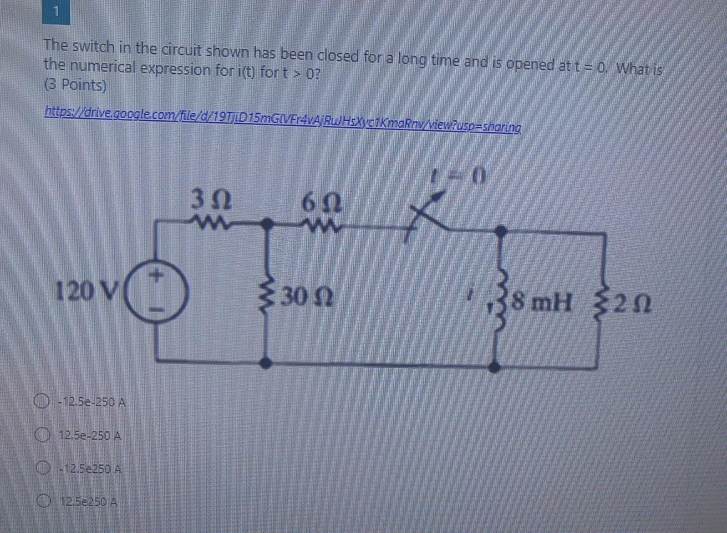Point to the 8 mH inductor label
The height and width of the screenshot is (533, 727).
542,302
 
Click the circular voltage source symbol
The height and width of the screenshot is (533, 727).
156,292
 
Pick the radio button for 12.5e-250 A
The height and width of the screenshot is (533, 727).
43,437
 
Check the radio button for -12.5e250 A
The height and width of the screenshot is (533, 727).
43,469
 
